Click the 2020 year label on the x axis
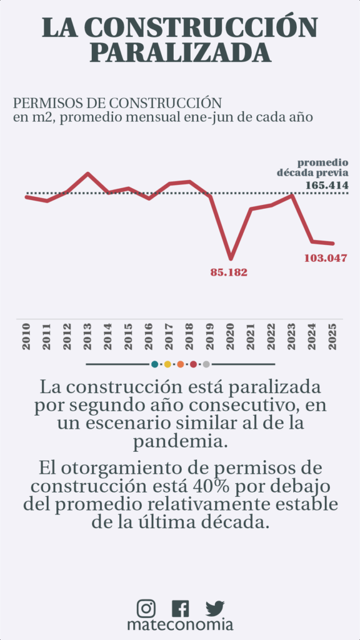[x=230, y=337]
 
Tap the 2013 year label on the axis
[x=87, y=337]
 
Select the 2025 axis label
[x=332, y=337]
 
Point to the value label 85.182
[x=229, y=272]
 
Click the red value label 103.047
[x=325, y=258]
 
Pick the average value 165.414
[x=327, y=185]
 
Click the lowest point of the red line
[x=231, y=258]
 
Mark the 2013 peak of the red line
[x=87, y=174]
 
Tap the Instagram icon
[x=146, y=607]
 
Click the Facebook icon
[x=180, y=608]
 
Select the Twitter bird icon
[x=215, y=608]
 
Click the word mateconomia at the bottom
[x=180, y=624]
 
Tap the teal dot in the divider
[x=154, y=364]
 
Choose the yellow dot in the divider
[x=167, y=364]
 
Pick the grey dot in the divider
[x=206, y=364]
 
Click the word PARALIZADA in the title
[x=180, y=51]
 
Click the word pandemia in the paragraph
[x=180, y=442]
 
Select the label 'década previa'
[x=312, y=172]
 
